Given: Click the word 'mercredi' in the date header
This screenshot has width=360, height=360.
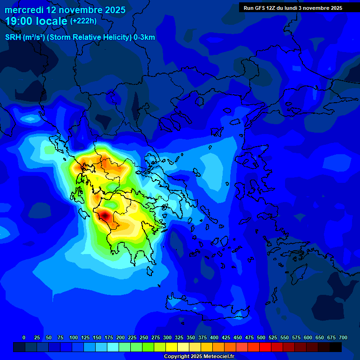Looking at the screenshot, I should click(24, 10).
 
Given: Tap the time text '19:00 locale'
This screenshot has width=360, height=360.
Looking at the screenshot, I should click(37, 21).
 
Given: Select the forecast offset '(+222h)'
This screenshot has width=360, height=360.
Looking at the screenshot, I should click(83, 21).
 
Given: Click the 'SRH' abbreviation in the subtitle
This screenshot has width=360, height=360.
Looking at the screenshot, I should click(13, 37).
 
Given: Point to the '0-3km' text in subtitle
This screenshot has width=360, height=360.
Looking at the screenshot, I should click(144, 37).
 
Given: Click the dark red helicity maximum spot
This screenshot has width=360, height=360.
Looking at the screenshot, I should click(105, 215).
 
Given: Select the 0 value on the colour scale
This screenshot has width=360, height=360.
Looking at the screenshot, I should click(24, 338).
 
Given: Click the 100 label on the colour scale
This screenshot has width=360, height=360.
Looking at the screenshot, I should click(74, 338).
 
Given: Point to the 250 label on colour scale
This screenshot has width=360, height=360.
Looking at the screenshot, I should click(144, 338).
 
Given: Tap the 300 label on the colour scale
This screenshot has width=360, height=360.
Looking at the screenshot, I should click(167, 338).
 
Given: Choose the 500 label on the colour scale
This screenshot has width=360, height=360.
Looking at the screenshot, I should click(261, 338).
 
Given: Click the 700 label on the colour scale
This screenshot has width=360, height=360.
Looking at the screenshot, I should click(343, 338).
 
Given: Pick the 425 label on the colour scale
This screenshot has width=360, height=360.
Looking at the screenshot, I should click(226, 338).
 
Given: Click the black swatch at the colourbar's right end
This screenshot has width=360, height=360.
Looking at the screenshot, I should click(336, 347).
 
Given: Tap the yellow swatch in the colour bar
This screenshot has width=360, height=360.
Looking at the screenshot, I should click(172, 347).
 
